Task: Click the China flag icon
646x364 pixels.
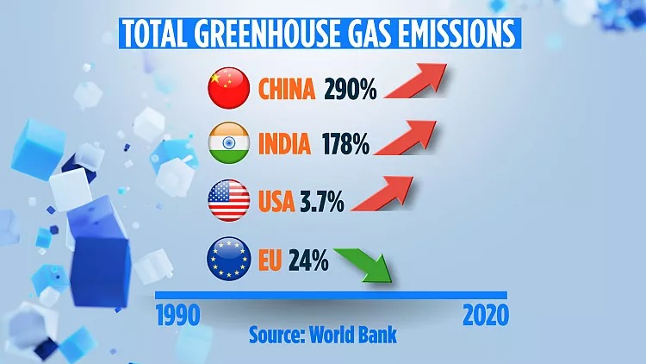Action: click(229, 88)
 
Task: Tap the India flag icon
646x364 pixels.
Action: click(229, 144)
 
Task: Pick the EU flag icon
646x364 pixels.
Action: click(229, 260)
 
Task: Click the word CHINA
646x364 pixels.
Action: click(287, 89)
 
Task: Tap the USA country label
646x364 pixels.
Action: click(276, 204)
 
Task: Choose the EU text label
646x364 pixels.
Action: click(271, 260)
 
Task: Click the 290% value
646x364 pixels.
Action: click(351, 89)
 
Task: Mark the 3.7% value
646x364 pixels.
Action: click(322, 204)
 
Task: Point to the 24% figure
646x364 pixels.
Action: click(309, 260)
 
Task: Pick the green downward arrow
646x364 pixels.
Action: click(367, 266)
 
